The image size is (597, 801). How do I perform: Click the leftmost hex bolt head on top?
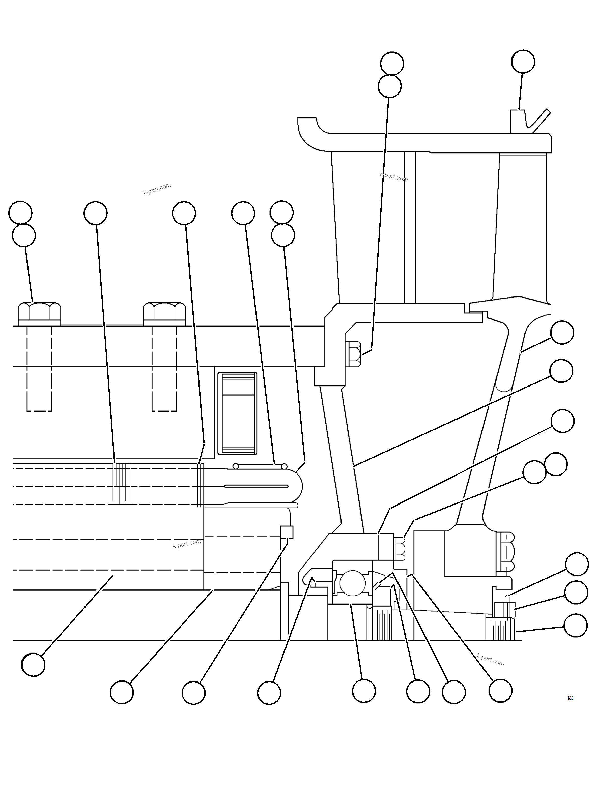pyautogui.click(x=39, y=314)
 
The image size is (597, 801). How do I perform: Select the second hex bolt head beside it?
pyautogui.click(x=164, y=314)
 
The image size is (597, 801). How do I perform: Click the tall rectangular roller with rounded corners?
pyautogui.click(x=237, y=413)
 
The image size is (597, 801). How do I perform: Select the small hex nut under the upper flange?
pyautogui.click(x=353, y=354)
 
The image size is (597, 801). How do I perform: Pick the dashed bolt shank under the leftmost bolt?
pyautogui.click(x=39, y=369)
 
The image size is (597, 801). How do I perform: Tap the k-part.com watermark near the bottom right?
pyautogui.click(x=490, y=659)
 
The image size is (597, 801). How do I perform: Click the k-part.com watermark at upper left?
pyautogui.click(x=157, y=189)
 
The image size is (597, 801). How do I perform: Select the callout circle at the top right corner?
pyautogui.click(x=523, y=62)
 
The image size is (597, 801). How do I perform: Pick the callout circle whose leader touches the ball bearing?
pyautogui.click(x=364, y=691)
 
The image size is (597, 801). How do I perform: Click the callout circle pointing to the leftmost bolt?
pyautogui.click(x=24, y=235)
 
